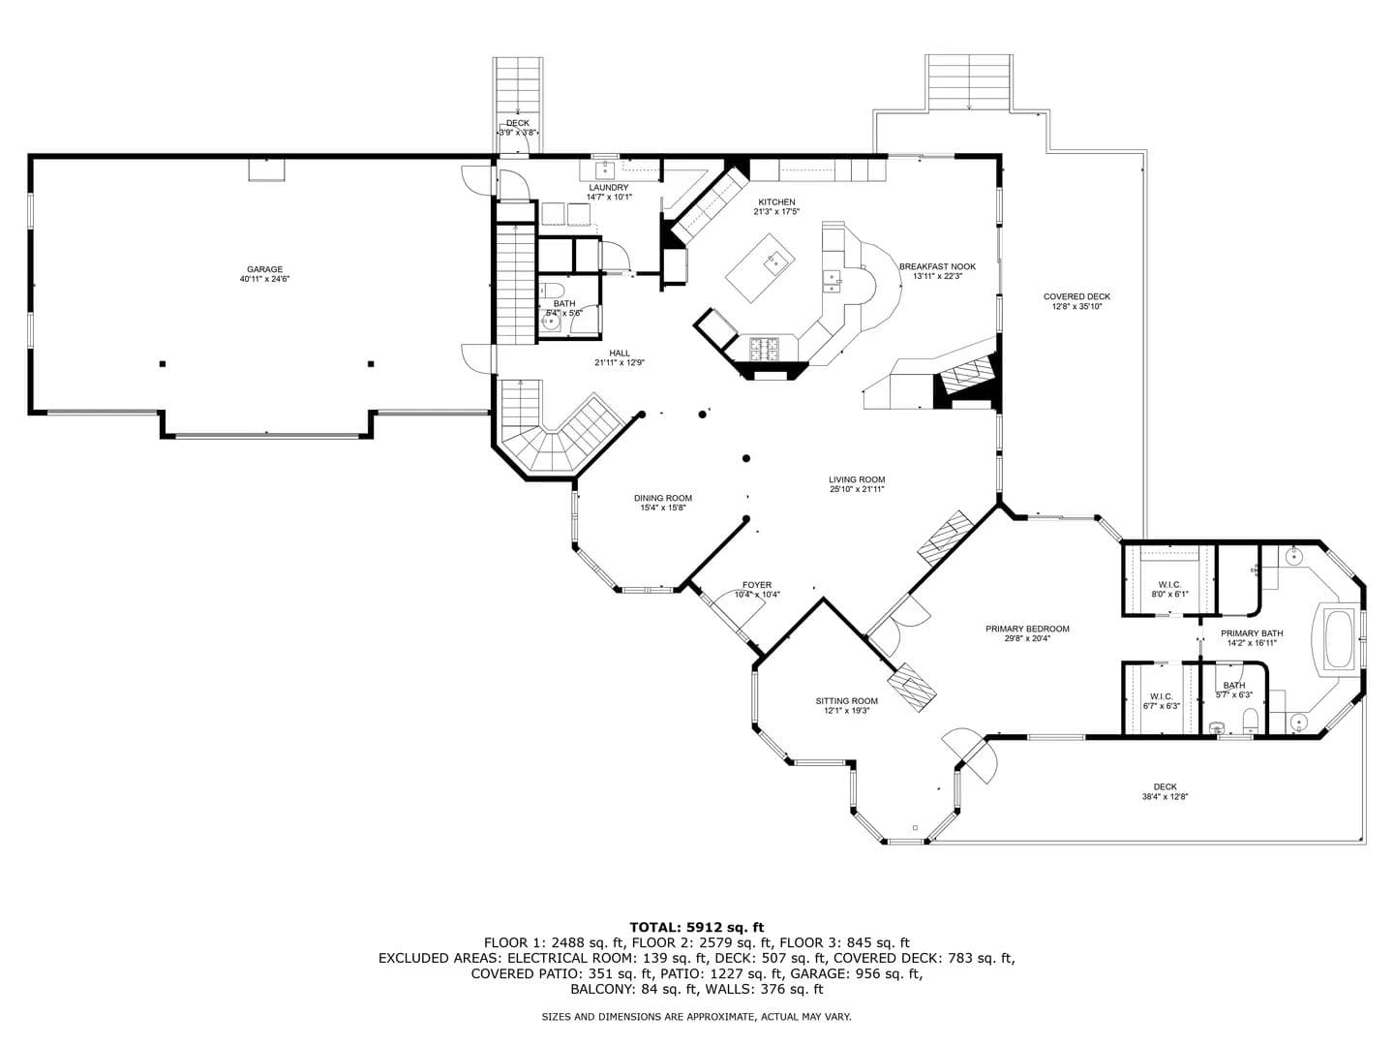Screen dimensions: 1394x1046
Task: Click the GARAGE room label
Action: pos(265,269)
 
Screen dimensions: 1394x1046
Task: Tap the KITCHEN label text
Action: pos(776,202)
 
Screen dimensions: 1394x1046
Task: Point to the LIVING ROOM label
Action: pos(857,479)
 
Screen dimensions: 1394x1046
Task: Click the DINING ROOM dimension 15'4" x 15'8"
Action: pos(663,508)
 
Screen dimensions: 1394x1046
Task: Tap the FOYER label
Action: pos(757,585)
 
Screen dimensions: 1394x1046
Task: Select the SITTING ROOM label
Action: pos(846,701)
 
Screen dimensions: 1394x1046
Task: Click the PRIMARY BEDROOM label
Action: pos(1027,629)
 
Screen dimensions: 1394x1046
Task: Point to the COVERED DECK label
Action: pos(1077,296)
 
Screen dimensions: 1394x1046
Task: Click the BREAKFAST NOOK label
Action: pos(937,266)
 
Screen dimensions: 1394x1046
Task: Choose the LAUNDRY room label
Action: pos(608,187)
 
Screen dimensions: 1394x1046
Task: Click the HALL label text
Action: pos(620,354)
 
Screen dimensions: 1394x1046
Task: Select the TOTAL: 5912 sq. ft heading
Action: pos(697,927)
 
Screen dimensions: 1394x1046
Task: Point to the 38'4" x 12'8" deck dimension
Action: pos(1165,796)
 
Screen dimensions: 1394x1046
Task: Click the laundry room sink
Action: pos(605,169)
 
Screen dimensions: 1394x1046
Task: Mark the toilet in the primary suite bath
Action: pos(1249,721)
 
